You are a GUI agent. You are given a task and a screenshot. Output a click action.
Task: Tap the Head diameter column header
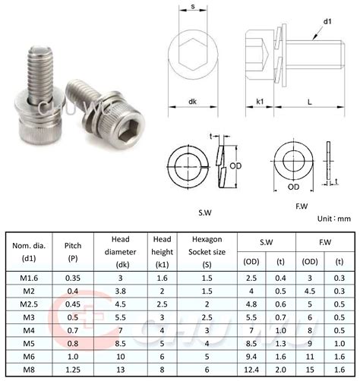121,251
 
